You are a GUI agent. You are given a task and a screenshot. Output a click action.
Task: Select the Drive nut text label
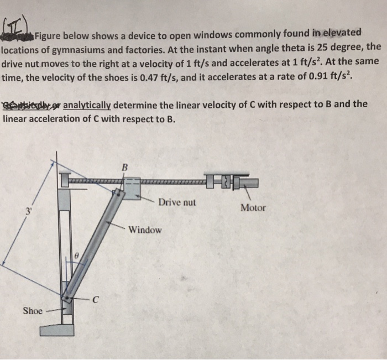pyautogui.click(x=177, y=202)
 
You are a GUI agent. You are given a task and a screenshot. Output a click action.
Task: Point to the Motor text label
pyautogui.click(x=253, y=208)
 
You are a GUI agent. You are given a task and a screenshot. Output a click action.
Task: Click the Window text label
pyautogui.click(x=145, y=229)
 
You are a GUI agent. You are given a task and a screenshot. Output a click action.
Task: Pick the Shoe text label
pyautogui.click(x=33, y=311)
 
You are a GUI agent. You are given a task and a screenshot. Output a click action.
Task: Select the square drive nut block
pyautogui.click(x=132, y=188)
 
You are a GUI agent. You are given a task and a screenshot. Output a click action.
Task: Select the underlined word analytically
pyautogui.click(x=87, y=104)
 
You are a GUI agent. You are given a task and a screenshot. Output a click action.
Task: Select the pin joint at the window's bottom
pyautogui.click(x=69, y=299)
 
